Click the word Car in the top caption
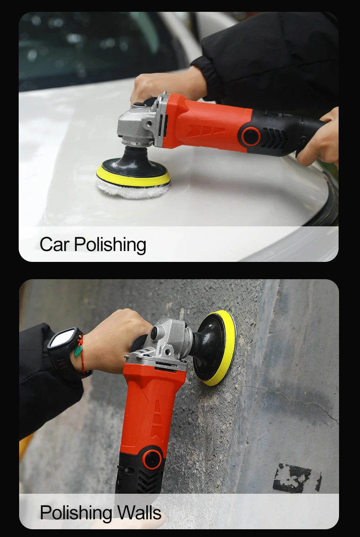(55, 244)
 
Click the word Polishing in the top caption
(110, 245)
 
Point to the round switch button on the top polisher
(250, 136)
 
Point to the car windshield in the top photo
(91, 46)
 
